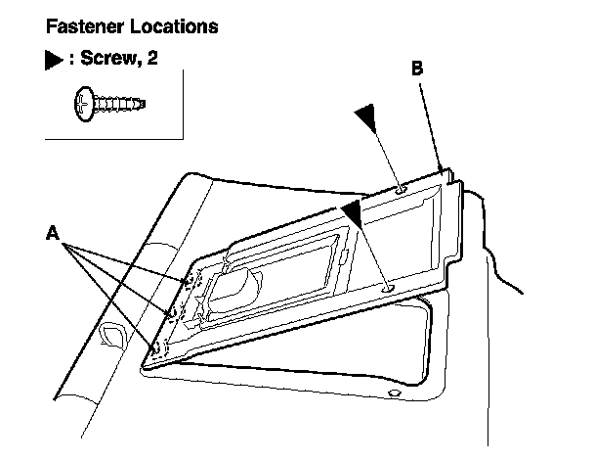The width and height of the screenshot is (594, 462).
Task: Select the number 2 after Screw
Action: tap(152, 60)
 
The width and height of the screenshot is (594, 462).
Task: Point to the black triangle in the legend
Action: tap(53, 60)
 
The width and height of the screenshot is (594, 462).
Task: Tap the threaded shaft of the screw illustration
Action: tap(122, 101)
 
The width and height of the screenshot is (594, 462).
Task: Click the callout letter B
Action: tap(417, 69)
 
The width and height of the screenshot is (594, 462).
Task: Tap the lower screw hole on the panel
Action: tap(389, 288)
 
